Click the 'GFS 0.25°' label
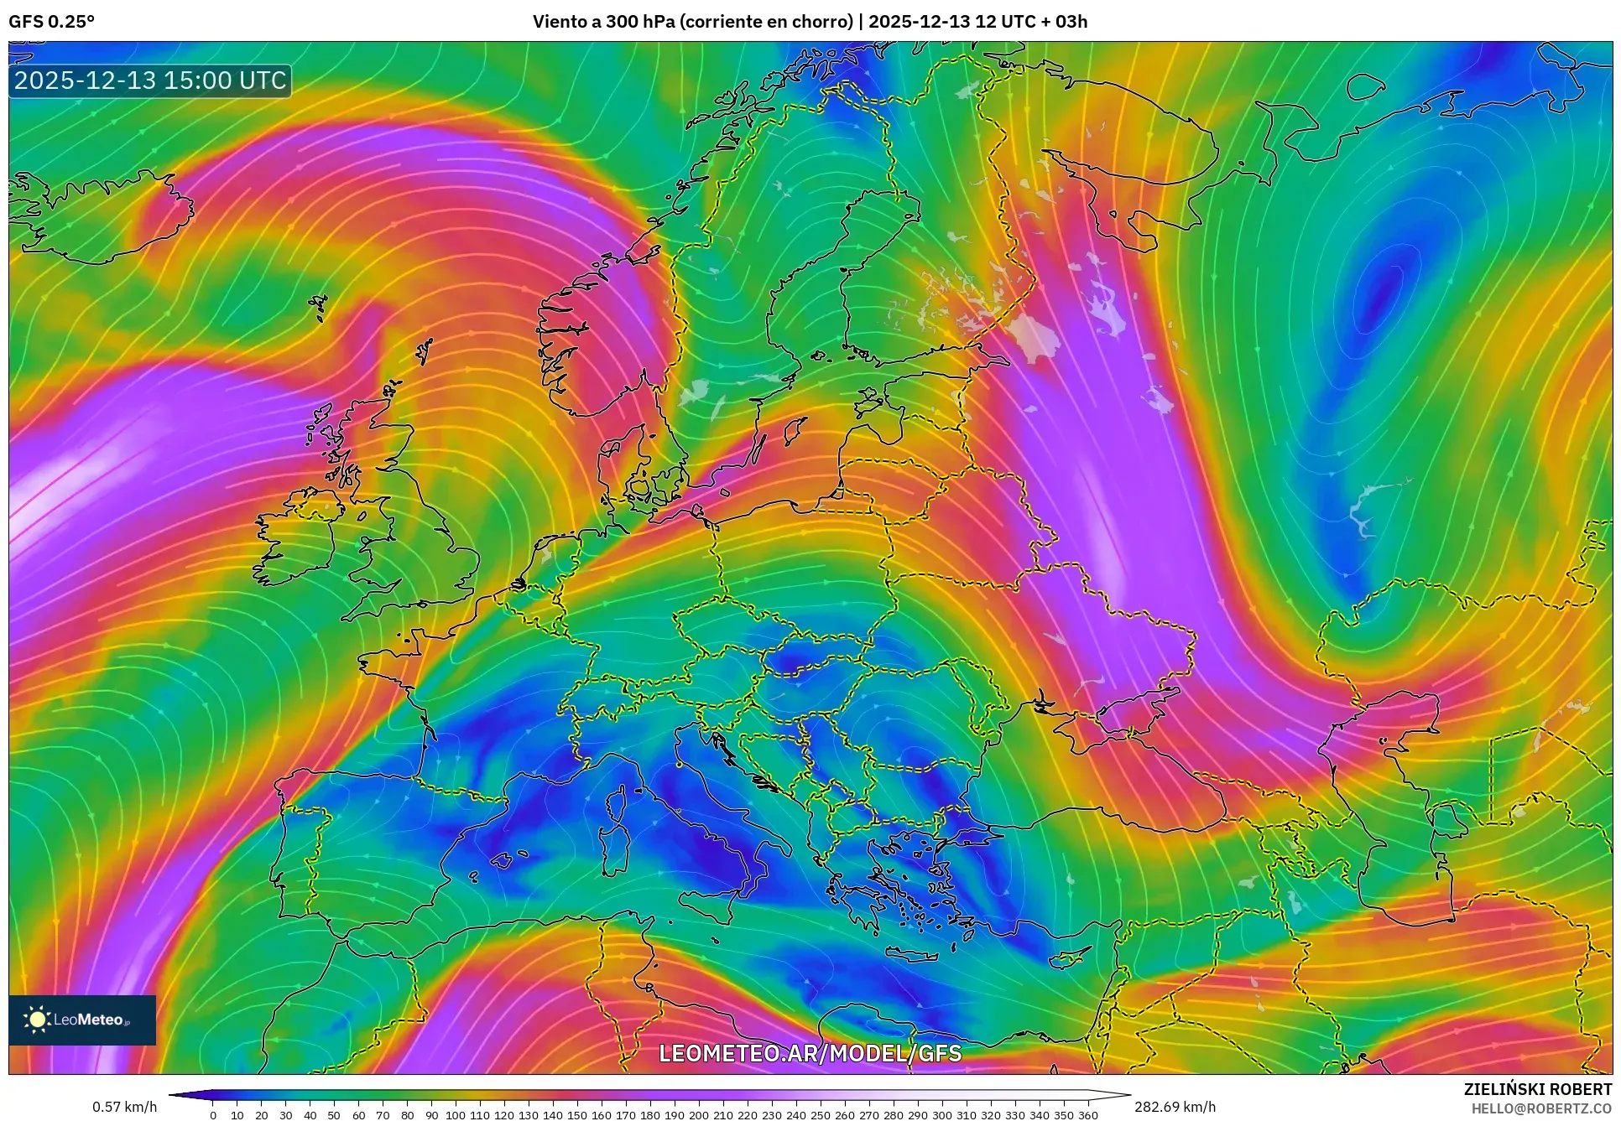click(x=51, y=22)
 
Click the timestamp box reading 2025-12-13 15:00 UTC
click(x=151, y=80)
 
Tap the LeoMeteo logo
click(x=82, y=1020)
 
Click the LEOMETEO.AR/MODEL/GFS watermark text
click(x=810, y=1053)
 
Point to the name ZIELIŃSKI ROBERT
click(x=1537, y=1089)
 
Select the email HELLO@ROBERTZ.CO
click(x=1541, y=1108)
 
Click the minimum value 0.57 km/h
click(x=124, y=1107)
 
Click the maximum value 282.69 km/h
click(x=1174, y=1107)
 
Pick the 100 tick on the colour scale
click(x=455, y=1115)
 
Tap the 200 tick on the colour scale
click(x=698, y=1115)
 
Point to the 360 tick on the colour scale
click(x=1087, y=1115)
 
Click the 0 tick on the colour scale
click(x=213, y=1115)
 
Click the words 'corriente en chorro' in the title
click(x=765, y=22)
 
